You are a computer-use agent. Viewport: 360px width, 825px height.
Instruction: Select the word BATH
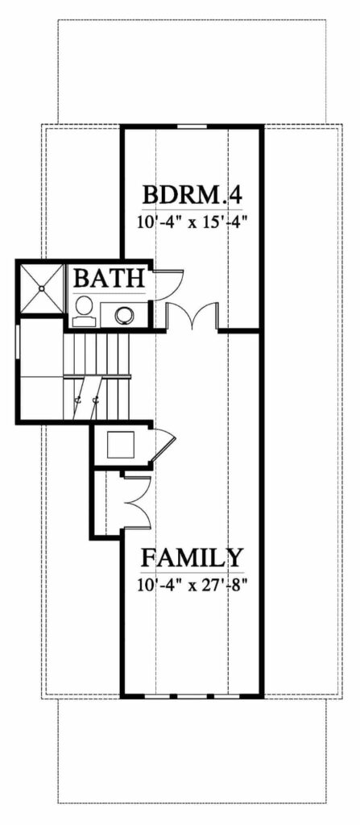click(109, 277)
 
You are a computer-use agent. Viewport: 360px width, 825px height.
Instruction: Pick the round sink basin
click(125, 316)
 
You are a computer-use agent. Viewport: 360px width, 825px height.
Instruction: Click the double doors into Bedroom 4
click(192, 316)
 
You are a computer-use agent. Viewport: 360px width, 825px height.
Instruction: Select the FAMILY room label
click(192, 558)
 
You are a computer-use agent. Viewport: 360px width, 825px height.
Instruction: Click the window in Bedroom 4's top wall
click(192, 126)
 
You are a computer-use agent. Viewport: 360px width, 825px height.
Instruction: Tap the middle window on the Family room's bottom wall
click(192, 697)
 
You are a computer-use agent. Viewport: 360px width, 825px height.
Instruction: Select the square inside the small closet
click(122, 445)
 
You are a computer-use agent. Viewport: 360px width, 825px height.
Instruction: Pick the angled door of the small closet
click(163, 446)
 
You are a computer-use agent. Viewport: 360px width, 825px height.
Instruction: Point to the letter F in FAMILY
click(149, 558)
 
